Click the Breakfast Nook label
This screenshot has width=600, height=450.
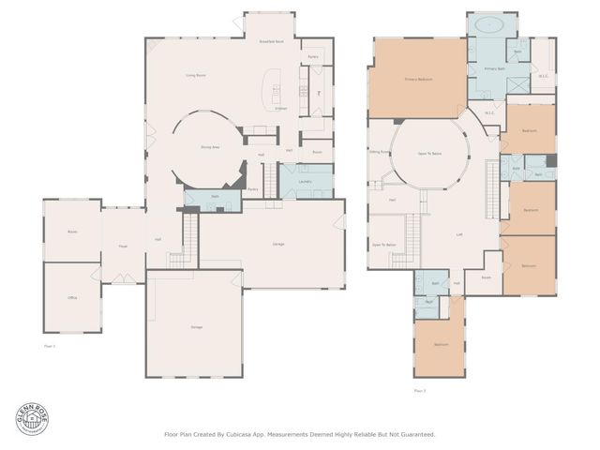pyautogui.click(x=272, y=42)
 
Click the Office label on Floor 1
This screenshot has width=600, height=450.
pyautogui.click(x=71, y=297)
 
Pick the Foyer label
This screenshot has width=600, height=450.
pyautogui.click(x=122, y=247)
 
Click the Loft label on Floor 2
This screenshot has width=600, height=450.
pyautogui.click(x=459, y=234)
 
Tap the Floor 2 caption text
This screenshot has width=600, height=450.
pyautogui.click(x=419, y=390)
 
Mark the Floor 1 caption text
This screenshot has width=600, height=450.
pyautogui.click(x=51, y=346)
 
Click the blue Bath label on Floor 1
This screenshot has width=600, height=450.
pyautogui.click(x=215, y=197)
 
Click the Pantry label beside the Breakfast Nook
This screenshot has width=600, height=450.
pyautogui.click(x=313, y=56)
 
